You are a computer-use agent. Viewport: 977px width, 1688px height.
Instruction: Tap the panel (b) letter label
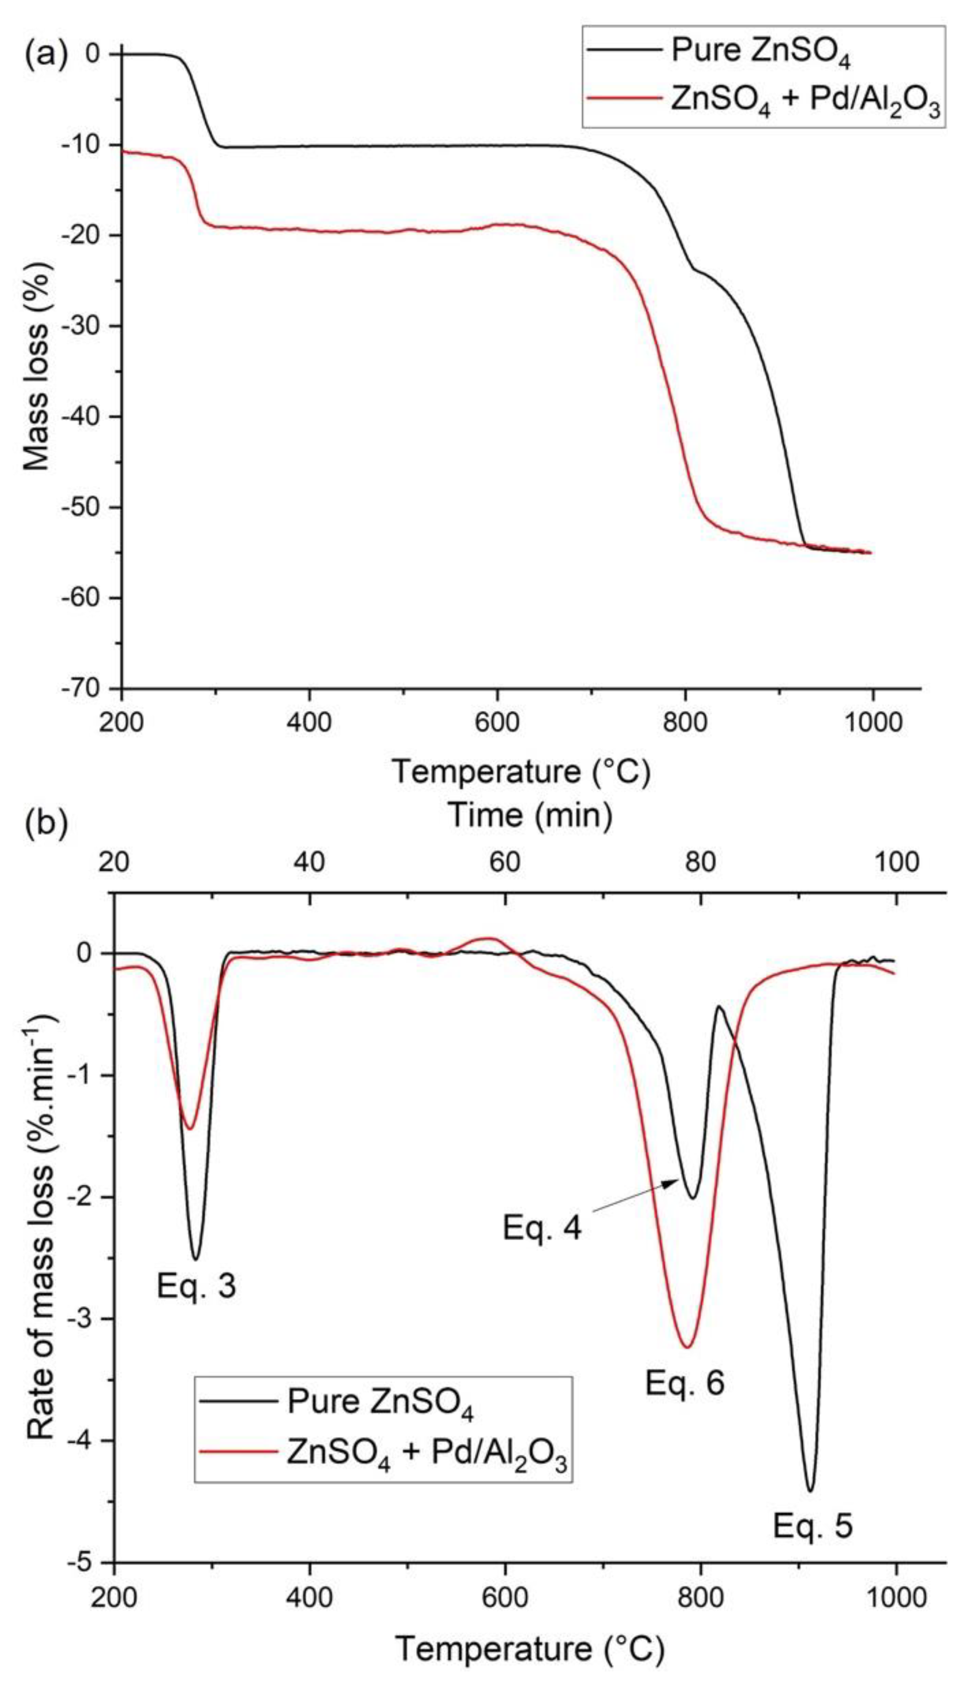point(46,825)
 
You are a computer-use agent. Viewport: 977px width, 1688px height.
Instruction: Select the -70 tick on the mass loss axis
point(88,688)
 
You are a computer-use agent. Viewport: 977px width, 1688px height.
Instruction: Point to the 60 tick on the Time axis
point(504,862)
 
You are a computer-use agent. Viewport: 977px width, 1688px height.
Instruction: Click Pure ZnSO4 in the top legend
point(760,52)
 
